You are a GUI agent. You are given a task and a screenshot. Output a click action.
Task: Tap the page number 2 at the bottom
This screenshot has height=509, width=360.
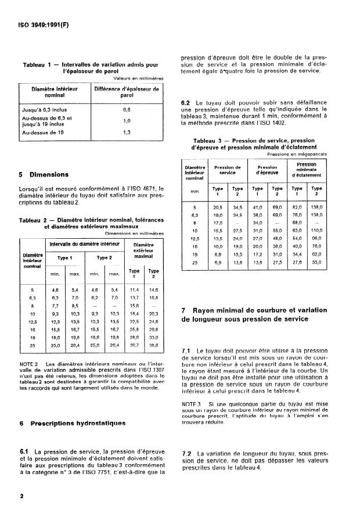[21, 496]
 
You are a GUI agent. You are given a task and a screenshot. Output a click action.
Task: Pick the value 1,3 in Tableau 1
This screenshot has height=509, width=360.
[126, 132]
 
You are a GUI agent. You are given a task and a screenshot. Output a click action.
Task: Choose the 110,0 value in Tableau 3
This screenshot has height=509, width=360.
[316, 231]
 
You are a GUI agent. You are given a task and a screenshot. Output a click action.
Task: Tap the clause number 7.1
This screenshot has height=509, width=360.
[187, 352]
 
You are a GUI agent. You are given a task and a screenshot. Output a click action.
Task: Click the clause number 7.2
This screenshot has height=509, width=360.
[187, 453]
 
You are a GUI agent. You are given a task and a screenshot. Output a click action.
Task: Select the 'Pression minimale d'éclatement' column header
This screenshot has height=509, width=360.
[307, 170]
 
